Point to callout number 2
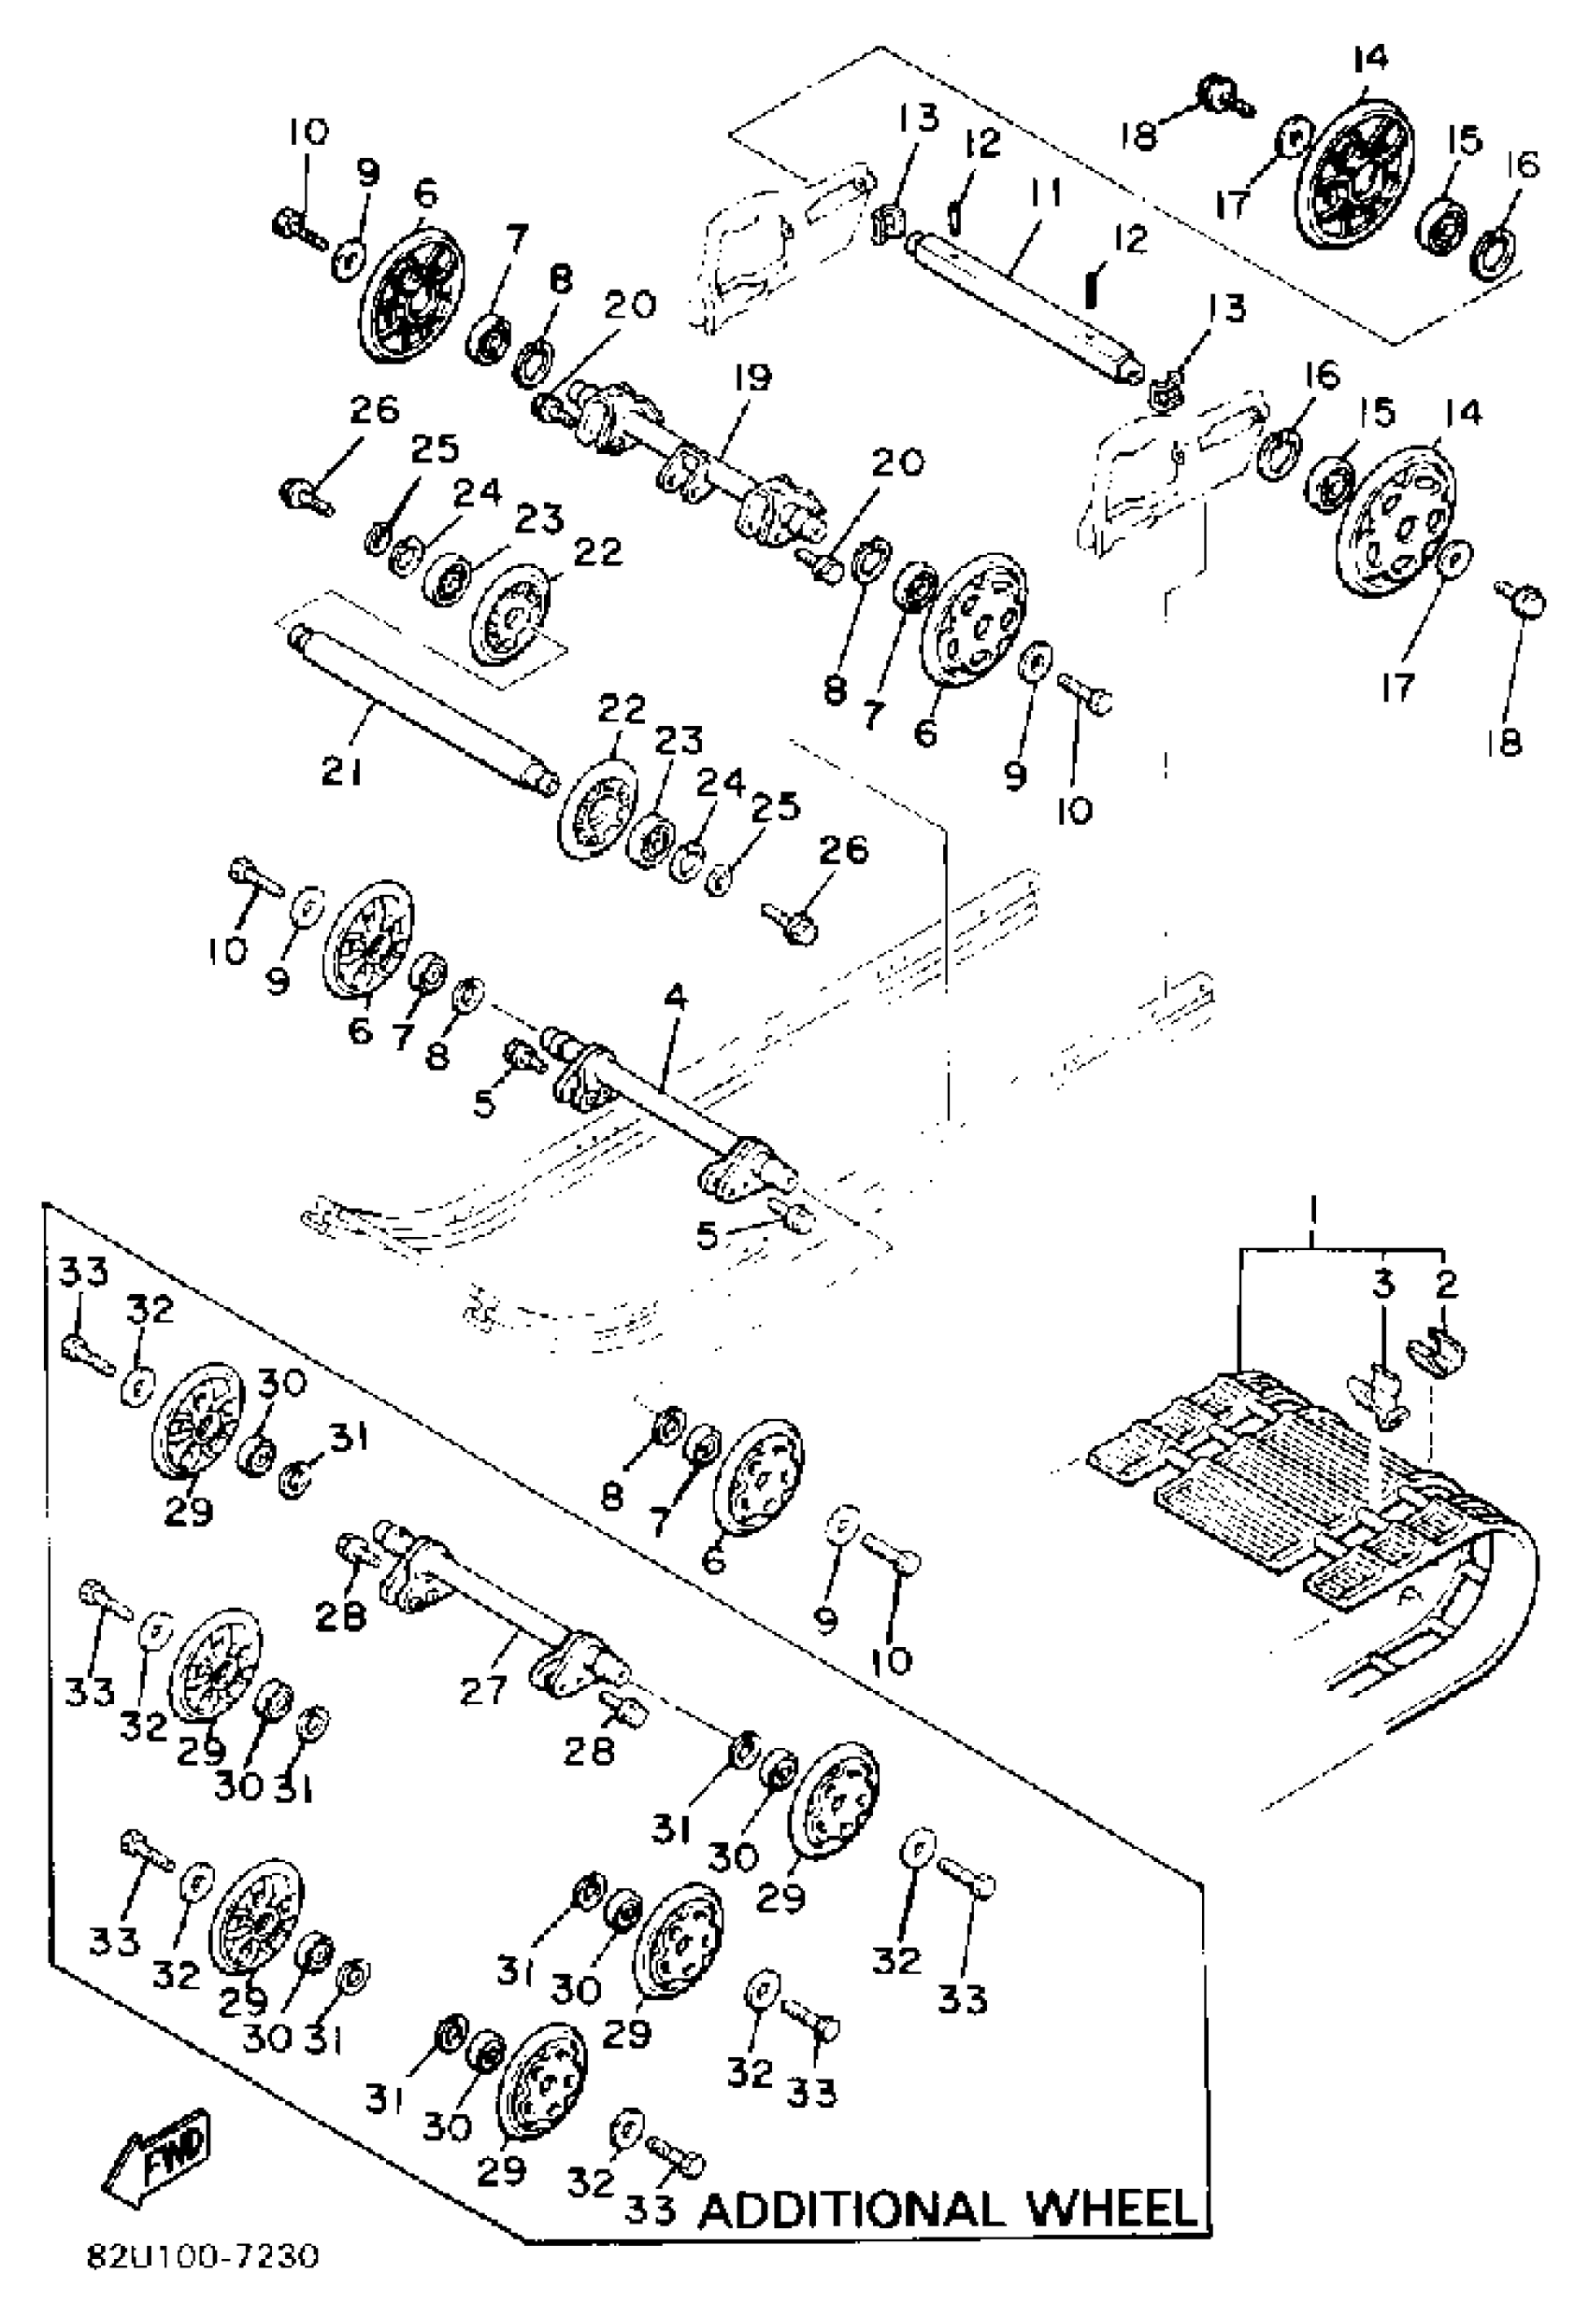coord(1445,1285)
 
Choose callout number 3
coord(1382,1285)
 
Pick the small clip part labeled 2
coord(1437,1357)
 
